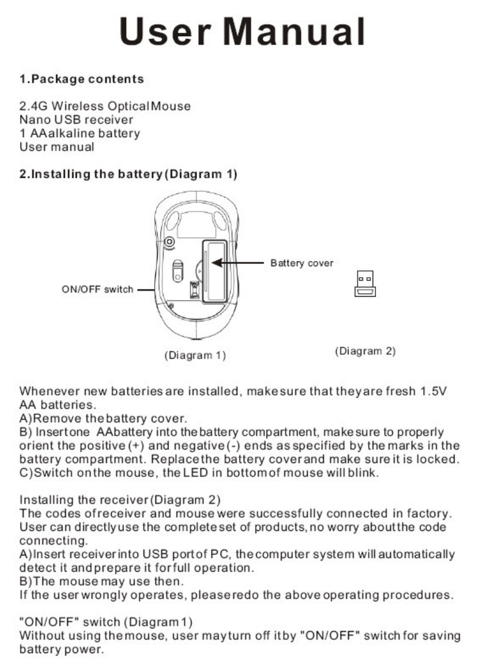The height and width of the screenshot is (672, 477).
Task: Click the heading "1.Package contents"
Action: point(82,79)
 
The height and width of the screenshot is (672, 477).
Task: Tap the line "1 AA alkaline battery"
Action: point(80,133)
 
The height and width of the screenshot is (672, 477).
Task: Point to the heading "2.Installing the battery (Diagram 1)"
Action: point(128,174)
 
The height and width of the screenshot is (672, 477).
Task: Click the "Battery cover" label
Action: point(302,263)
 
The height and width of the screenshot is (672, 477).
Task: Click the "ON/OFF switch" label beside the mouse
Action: point(97,289)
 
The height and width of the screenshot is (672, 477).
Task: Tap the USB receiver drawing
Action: point(365,283)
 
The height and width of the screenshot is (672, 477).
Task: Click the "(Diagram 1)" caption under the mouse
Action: point(196,355)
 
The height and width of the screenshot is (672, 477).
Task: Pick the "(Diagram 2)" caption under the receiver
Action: point(365,351)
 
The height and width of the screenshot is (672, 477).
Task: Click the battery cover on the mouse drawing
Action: point(213,271)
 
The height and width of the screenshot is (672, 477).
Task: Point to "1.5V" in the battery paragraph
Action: point(433,391)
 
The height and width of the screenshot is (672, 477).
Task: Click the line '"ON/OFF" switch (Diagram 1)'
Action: point(106,622)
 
